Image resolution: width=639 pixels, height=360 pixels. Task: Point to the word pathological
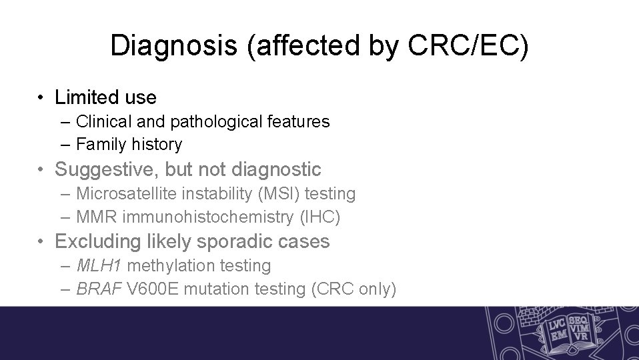209,121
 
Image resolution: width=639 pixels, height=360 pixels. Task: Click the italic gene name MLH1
99,265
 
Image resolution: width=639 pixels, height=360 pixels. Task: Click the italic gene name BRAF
99,289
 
